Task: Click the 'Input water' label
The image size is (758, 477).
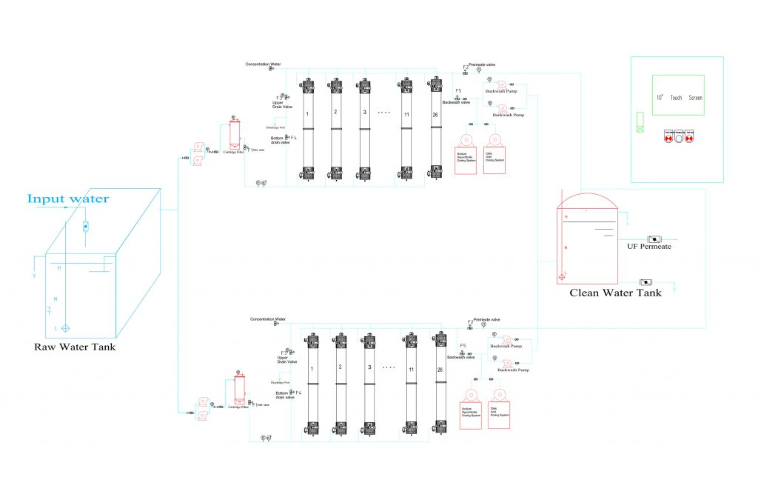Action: coord(68,199)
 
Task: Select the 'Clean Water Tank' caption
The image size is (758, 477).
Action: coord(615,293)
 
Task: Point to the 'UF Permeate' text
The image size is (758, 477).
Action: coord(648,247)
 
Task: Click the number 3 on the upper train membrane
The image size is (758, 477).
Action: coord(364,113)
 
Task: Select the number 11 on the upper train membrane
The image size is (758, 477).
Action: coord(406,113)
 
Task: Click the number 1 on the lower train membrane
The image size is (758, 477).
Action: coord(312,368)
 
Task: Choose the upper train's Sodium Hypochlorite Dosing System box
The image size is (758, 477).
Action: coord(465,161)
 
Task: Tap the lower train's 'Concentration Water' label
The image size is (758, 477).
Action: coord(268,318)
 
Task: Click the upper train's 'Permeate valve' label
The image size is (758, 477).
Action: coord(483,64)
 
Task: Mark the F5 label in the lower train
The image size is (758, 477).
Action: coord(463,346)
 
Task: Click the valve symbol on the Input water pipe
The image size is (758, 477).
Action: coord(85,225)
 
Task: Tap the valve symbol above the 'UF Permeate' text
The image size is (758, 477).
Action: coord(654,238)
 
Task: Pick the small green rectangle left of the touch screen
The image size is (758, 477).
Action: coord(640,121)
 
